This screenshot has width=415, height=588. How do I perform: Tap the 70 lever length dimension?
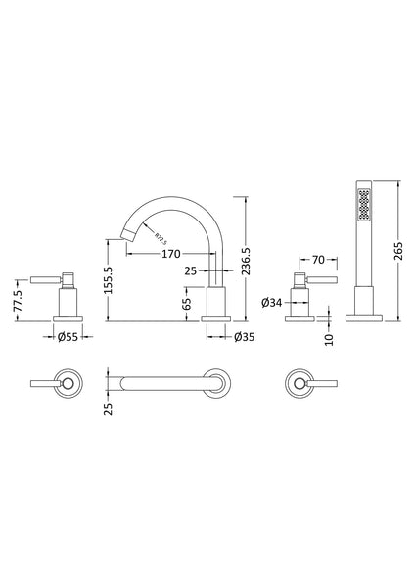pos(316,262)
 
